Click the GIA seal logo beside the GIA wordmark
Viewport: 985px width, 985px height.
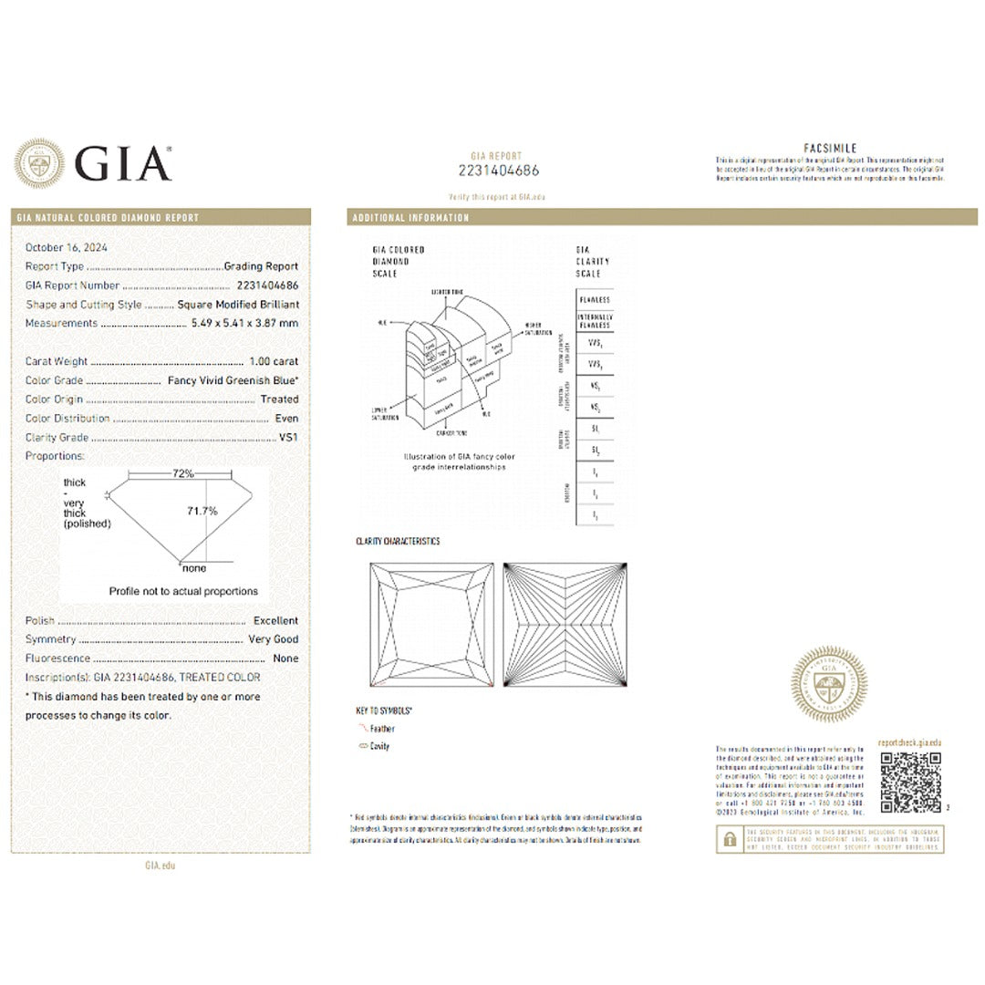[39, 164]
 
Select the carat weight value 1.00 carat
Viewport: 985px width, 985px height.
[273, 361]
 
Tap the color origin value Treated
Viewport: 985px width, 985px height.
[279, 399]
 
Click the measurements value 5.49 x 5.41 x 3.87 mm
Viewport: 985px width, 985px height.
[244, 324]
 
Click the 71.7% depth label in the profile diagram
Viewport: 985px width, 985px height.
[202, 512]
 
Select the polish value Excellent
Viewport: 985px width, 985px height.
[275, 620]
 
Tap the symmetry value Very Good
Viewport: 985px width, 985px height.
[274, 639]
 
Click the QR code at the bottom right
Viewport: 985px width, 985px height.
[910, 783]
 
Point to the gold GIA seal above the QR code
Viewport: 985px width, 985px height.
[828, 684]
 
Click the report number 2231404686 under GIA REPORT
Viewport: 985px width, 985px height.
[498, 171]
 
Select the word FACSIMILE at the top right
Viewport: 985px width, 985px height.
[830, 149]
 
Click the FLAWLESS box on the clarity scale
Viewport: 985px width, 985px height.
[594, 300]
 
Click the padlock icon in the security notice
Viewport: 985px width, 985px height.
[730, 839]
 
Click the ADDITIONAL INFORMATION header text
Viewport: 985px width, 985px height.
[410, 218]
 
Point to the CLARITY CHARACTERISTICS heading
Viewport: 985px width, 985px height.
[398, 542]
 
